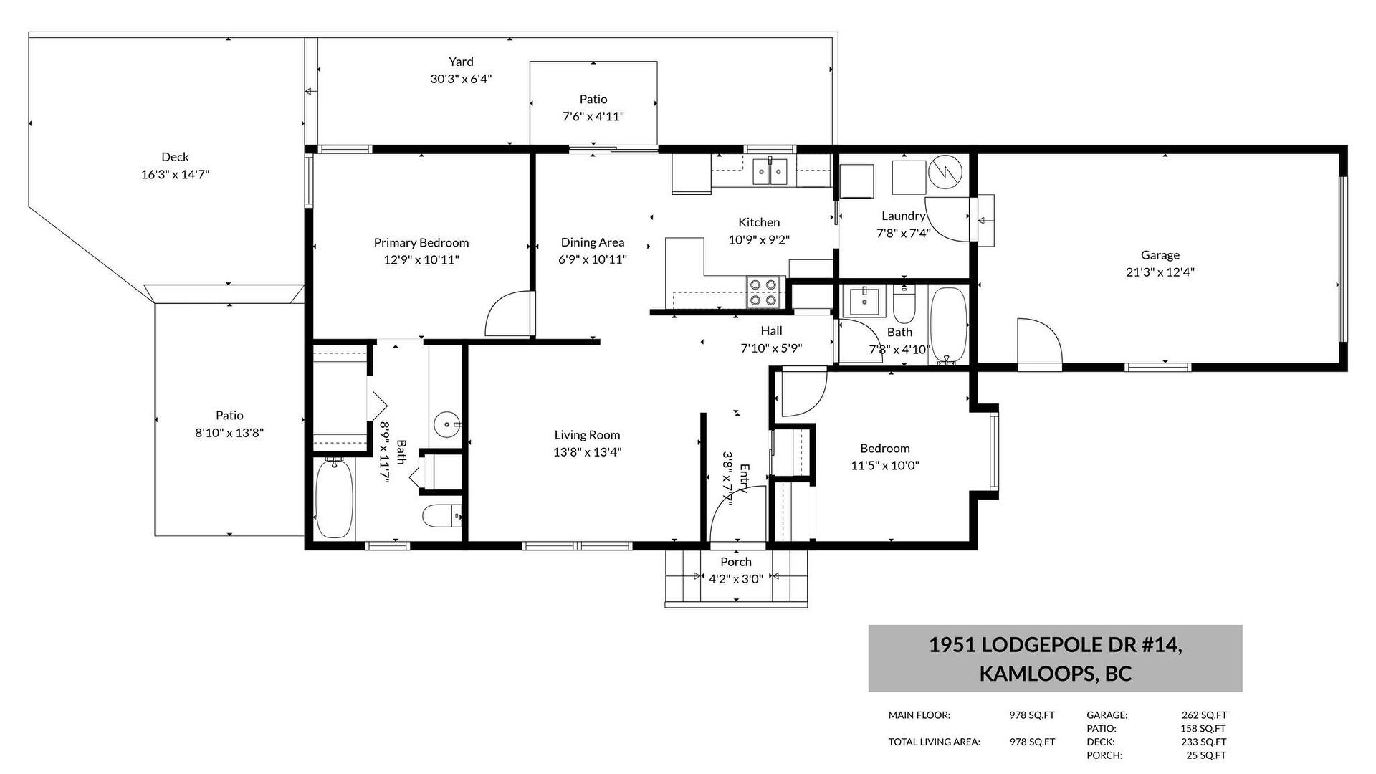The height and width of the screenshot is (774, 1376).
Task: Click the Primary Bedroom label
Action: click(421, 243)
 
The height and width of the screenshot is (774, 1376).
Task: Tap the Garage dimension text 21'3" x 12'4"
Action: click(1160, 272)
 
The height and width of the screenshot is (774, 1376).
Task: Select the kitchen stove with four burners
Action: click(763, 292)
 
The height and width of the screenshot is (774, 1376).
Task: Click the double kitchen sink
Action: click(770, 172)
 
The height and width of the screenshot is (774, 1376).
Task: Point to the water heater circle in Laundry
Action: click(946, 173)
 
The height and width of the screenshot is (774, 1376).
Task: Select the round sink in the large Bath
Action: click(448, 425)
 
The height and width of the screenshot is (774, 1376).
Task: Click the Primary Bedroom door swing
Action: click(509, 313)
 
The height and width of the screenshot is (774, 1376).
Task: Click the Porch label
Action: click(736, 563)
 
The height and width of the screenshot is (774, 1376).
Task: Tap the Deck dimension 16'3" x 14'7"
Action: click(175, 174)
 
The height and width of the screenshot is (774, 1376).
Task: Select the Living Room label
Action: click(587, 435)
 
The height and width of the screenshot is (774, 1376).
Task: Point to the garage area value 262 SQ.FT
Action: click(1204, 715)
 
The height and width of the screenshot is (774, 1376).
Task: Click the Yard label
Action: click(461, 62)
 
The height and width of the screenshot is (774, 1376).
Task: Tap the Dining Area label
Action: click(593, 243)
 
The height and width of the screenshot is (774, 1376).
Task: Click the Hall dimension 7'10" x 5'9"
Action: click(771, 348)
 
